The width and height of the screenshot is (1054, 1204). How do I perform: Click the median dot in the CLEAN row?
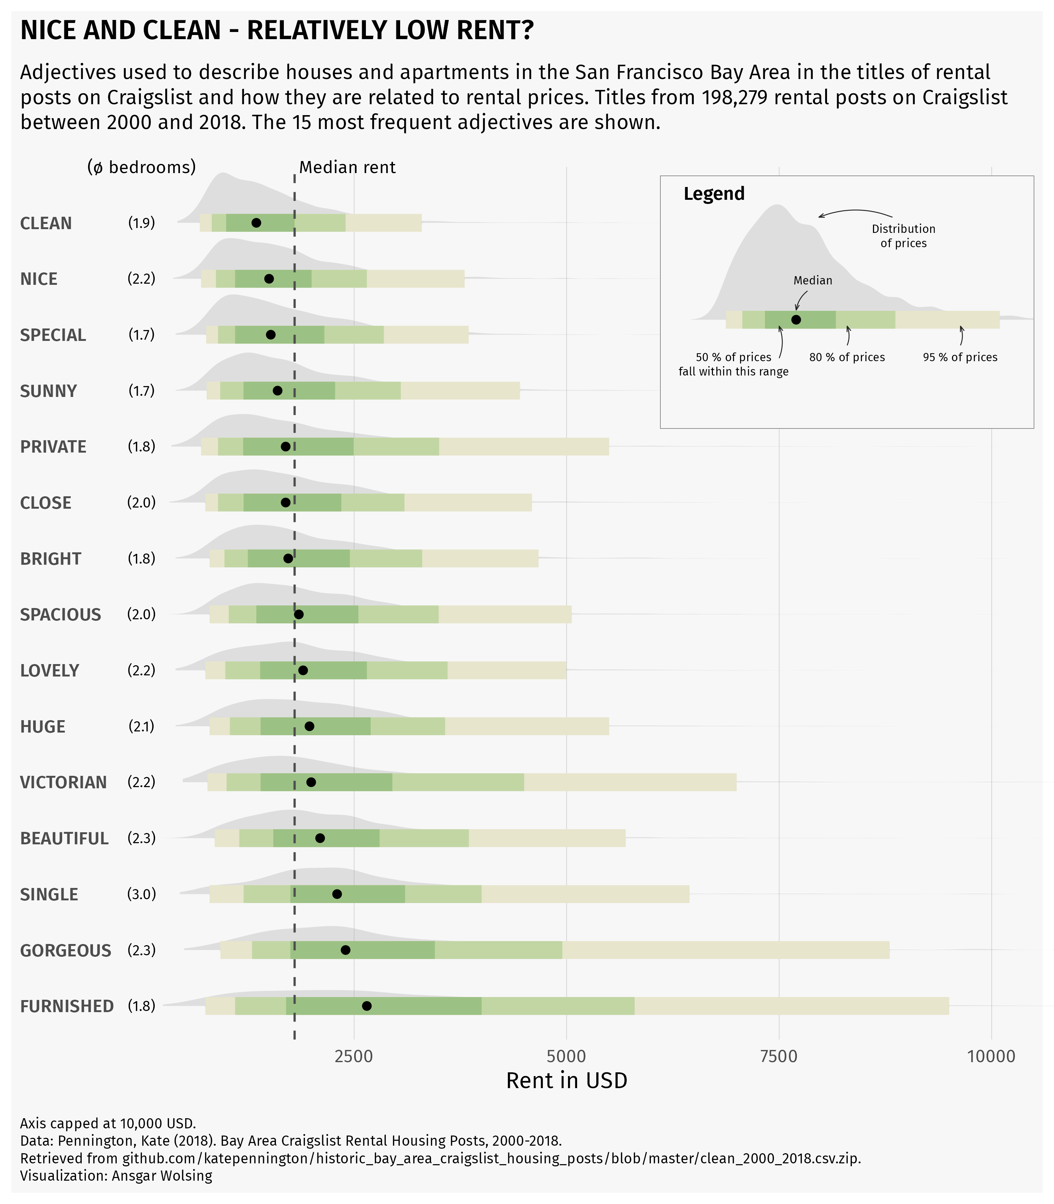click(256, 223)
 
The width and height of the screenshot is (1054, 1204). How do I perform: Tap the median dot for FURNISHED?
click(366, 1006)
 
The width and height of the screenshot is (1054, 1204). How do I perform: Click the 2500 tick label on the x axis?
click(353, 1057)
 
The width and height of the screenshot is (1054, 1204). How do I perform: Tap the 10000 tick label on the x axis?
click(991, 1057)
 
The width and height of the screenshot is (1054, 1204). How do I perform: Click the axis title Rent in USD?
click(567, 1081)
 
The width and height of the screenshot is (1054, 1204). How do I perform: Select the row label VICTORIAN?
click(64, 783)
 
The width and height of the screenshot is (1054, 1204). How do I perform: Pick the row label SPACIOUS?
click(61, 615)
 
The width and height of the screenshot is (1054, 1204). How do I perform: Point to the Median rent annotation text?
click(347, 167)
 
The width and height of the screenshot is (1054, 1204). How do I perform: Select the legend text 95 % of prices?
click(960, 357)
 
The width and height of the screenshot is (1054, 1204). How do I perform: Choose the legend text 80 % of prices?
click(847, 357)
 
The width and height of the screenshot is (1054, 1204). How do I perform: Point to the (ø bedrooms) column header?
click(141, 167)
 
